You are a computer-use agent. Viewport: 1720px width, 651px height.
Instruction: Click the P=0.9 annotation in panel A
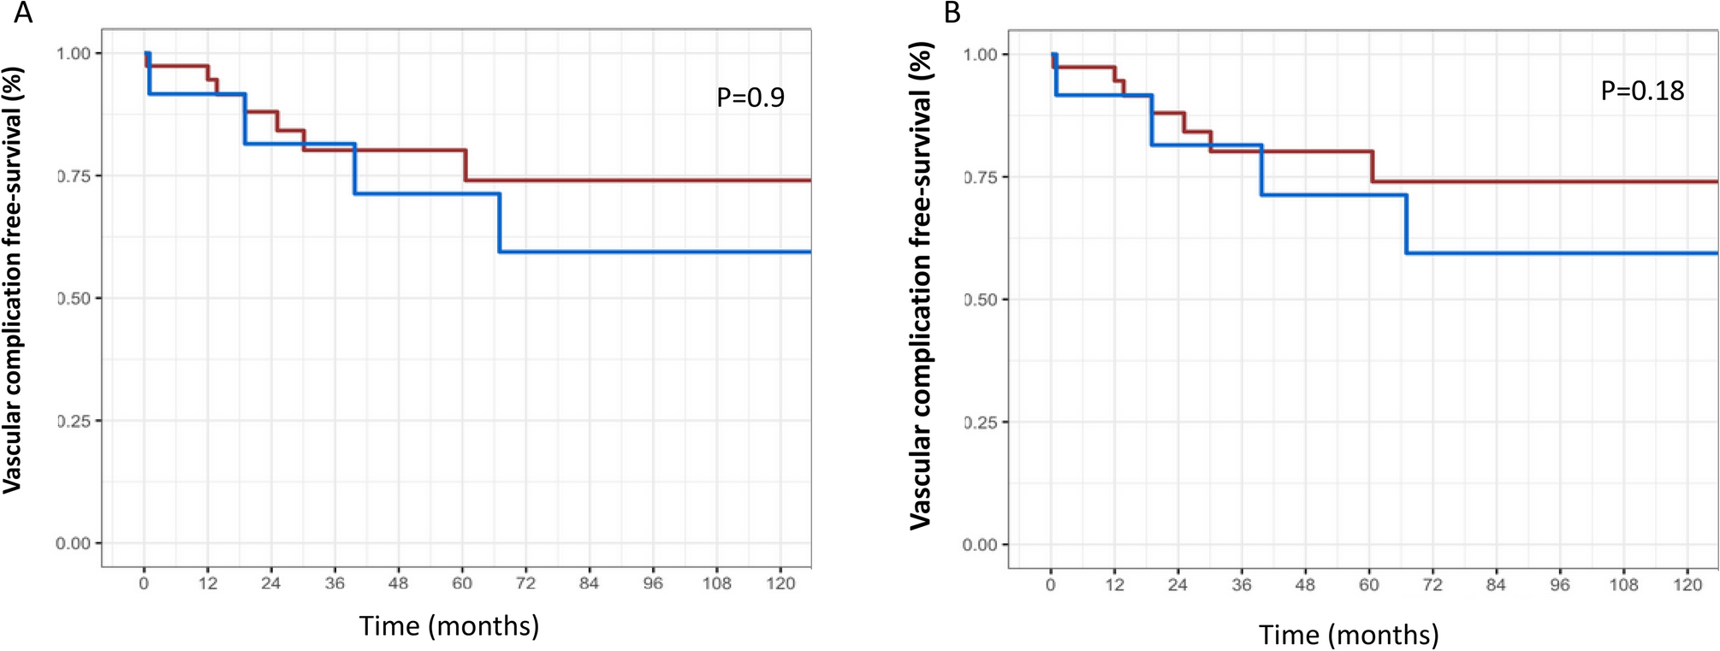(x=750, y=98)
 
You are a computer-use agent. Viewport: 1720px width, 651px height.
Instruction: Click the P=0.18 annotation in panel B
(x=1641, y=91)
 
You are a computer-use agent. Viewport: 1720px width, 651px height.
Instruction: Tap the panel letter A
(x=23, y=14)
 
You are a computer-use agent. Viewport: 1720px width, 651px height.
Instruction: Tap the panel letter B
(x=952, y=14)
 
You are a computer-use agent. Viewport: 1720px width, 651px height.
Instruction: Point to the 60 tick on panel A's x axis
(x=462, y=583)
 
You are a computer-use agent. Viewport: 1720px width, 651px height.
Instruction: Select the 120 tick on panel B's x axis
(x=1687, y=584)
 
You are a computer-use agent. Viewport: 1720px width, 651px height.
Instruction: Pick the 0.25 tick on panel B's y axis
(x=980, y=423)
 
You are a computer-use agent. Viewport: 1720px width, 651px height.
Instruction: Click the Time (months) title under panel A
(x=449, y=626)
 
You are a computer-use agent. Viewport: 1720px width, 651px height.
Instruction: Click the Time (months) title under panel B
(x=1349, y=636)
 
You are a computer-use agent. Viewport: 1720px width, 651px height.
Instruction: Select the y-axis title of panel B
(x=920, y=286)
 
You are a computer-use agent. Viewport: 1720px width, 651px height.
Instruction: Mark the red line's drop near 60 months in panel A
(x=466, y=165)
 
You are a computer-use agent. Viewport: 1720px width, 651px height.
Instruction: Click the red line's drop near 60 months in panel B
(x=1372, y=166)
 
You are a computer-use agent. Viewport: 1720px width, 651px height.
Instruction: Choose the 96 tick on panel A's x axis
(x=653, y=583)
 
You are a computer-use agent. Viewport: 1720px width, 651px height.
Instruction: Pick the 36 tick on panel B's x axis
(x=1241, y=584)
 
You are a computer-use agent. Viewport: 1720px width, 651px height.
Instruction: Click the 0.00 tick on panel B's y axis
(x=980, y=545)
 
